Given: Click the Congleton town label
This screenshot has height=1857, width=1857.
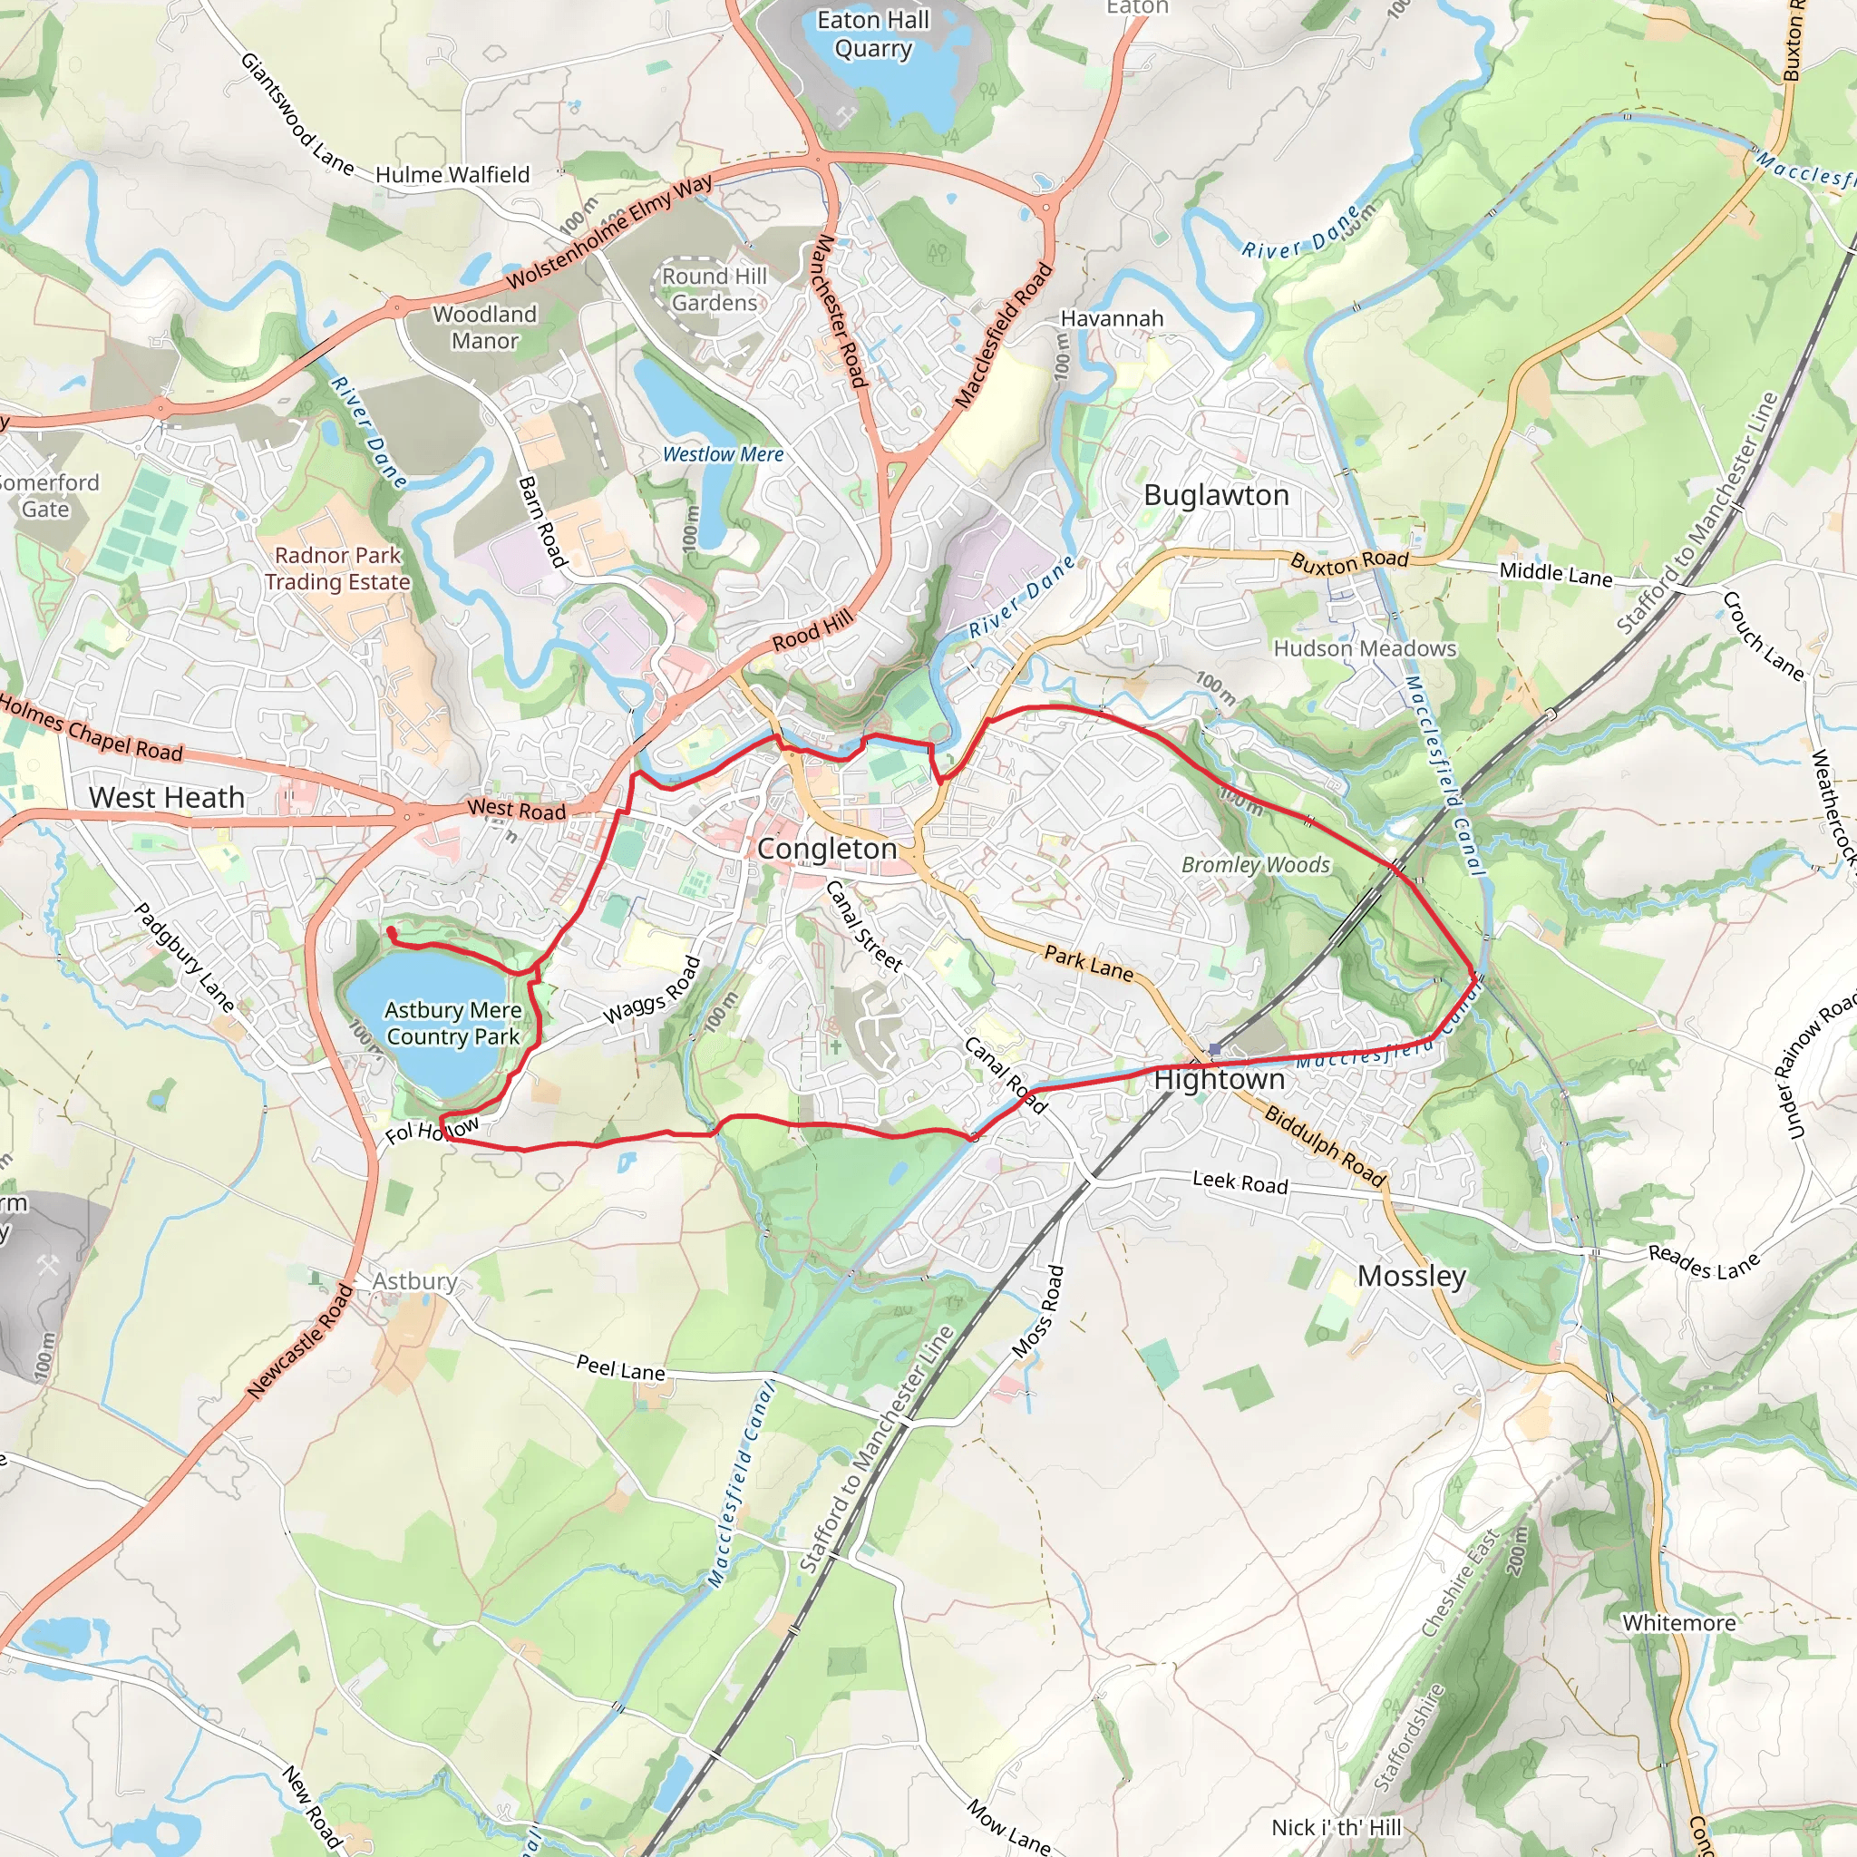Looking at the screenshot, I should coord(827,849).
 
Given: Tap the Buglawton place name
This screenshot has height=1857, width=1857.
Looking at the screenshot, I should coord(1216,495).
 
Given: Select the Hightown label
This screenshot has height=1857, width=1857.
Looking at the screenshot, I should coord(1219,1079).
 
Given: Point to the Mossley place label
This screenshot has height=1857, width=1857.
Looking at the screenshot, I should coord(1411,1276).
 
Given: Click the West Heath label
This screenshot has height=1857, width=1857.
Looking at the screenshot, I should coord(166,797).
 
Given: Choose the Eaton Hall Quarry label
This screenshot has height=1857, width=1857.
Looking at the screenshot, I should coord(873,34).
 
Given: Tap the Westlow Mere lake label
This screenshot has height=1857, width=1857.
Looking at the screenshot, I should coord(723,453).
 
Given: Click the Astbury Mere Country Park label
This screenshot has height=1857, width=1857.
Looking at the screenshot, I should coord(452,1023).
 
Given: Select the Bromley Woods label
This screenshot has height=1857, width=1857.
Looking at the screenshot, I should coord(1255,864).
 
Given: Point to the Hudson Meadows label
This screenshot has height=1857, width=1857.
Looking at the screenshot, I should coord(1364,649).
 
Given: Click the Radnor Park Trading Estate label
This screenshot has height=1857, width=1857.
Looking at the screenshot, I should coord(337,568).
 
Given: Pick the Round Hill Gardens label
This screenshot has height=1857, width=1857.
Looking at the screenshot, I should coord(715,289).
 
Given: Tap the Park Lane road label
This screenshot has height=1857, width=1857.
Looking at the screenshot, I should coord(1088,962).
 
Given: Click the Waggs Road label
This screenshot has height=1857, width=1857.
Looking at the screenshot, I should coord(652,991).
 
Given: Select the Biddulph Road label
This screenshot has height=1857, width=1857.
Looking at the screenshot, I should coord(1325,1146).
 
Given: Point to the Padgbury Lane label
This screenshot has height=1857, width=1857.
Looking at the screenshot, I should coord(183,958).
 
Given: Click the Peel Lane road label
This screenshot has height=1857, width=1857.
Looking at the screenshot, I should coord(620,1367).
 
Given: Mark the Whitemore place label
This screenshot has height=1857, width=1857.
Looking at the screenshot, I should coord(1678,1622).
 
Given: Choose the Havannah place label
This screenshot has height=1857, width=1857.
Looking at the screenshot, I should coord(1111,318).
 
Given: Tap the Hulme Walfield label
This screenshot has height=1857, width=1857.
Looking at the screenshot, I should coord(452,175).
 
